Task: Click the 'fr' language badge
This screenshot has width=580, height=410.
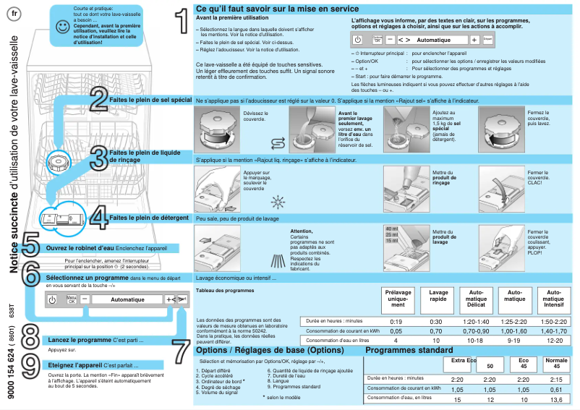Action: pos(17,14)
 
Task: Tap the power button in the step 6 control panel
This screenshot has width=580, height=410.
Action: pos(53,299)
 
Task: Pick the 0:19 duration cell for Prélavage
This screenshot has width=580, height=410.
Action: pos(396,321)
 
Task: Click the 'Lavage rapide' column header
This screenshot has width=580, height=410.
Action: pos(439,297)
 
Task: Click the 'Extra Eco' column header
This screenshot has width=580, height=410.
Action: pos(464,360)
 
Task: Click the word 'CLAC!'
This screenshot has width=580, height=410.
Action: pos(537,182)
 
